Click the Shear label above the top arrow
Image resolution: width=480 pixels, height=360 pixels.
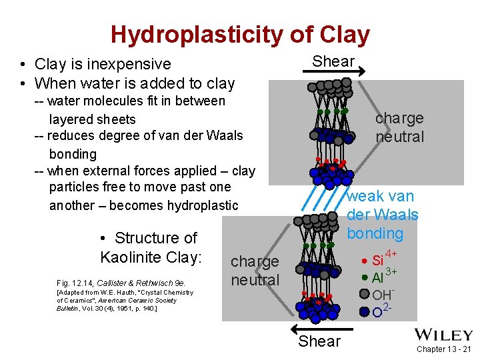coord(333,61)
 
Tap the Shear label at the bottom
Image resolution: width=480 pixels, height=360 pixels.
coord(319,341)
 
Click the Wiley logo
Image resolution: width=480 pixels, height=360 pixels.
coord(443,335)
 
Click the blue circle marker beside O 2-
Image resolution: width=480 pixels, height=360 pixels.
coord(364,311)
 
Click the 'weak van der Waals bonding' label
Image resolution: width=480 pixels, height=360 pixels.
coord(382,215)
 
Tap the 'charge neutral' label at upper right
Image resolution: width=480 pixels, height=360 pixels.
coord(399,127)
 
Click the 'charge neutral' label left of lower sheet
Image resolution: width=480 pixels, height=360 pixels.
coord(255,271)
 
